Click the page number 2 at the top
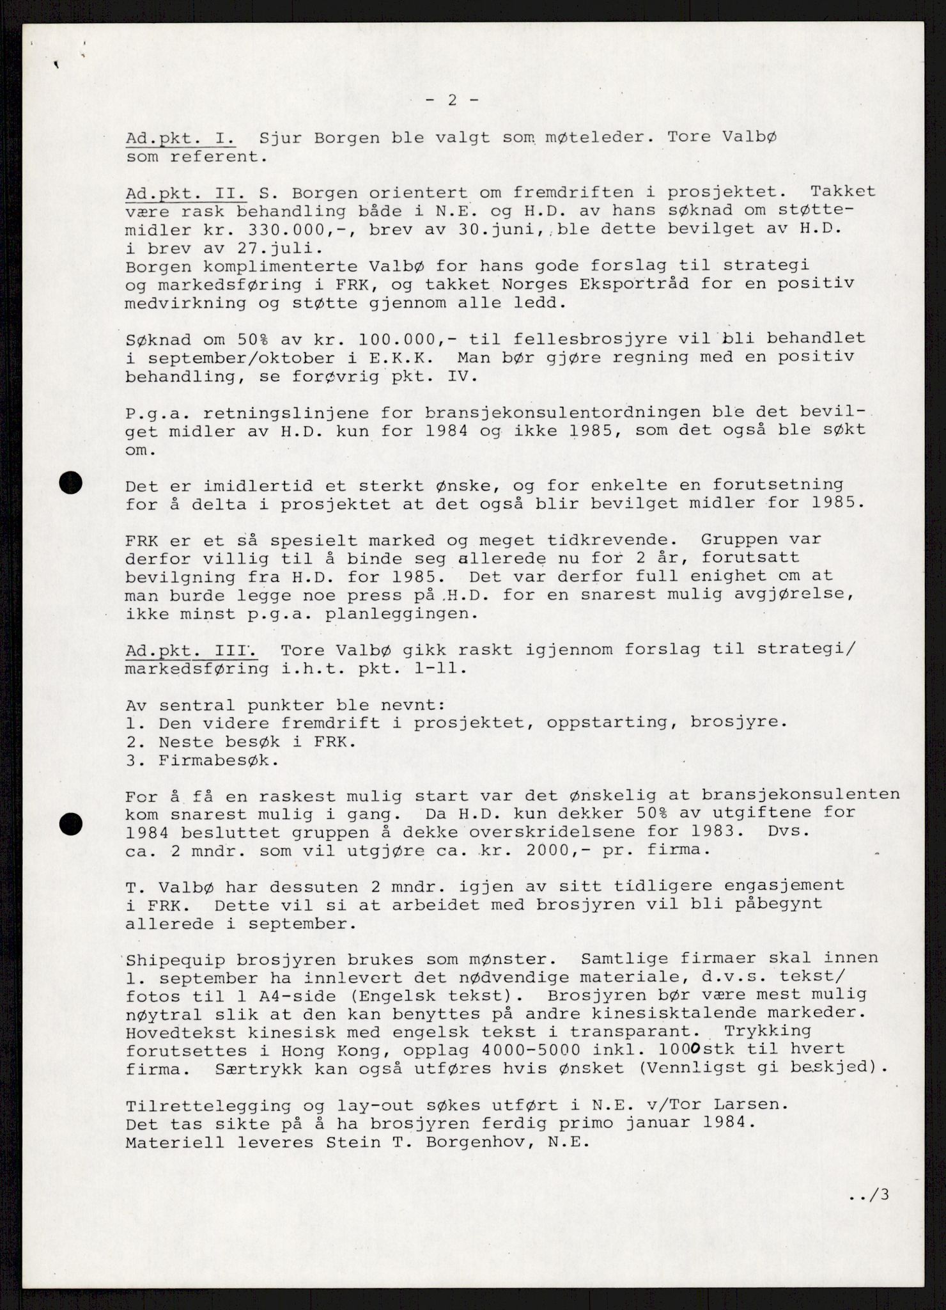click(452, 100)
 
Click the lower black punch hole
click(71, 824)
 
